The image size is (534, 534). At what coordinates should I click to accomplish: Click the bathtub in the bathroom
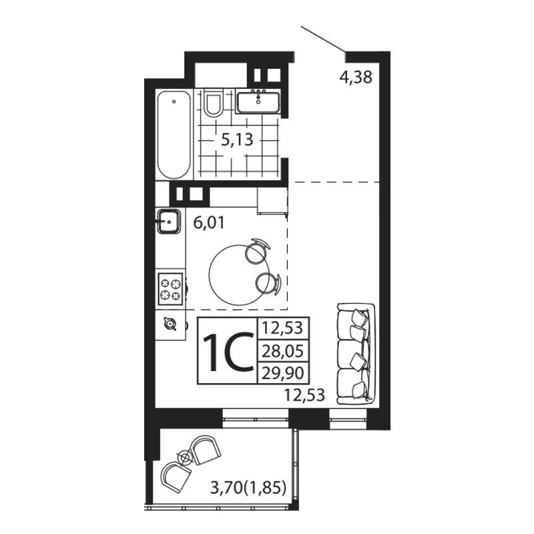(x=174, y=135)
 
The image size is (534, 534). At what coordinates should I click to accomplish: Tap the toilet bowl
(x=213, y=103)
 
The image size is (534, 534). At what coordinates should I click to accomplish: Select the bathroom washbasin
(x=258, y=101)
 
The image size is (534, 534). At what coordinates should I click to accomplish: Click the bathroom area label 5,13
(x=237, y=140)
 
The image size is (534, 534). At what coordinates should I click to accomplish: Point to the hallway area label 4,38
(x=356, y=77)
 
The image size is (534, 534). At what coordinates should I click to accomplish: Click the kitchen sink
(x=169, y=222)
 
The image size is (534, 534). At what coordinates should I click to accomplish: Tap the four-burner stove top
(x=170, y=289)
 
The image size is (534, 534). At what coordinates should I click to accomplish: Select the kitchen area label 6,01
(x=209, y=223)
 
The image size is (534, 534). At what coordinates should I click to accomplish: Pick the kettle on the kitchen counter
(x=170, y=324)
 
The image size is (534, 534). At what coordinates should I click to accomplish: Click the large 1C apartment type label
(x=228, y=353)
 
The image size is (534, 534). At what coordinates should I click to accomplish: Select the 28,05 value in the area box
(x=282, y=351)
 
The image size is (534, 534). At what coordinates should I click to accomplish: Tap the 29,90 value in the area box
(x=282, y=373)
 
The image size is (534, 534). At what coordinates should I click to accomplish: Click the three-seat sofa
(x=356, y=354)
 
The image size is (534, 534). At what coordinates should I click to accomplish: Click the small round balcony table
(x=186, y=457)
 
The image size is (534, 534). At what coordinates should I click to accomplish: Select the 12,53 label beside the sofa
(x=304, y=395)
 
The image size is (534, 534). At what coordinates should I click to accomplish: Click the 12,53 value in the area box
(x=282, y=328)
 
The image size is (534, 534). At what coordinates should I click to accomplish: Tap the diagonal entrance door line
(x=323, y=39)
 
